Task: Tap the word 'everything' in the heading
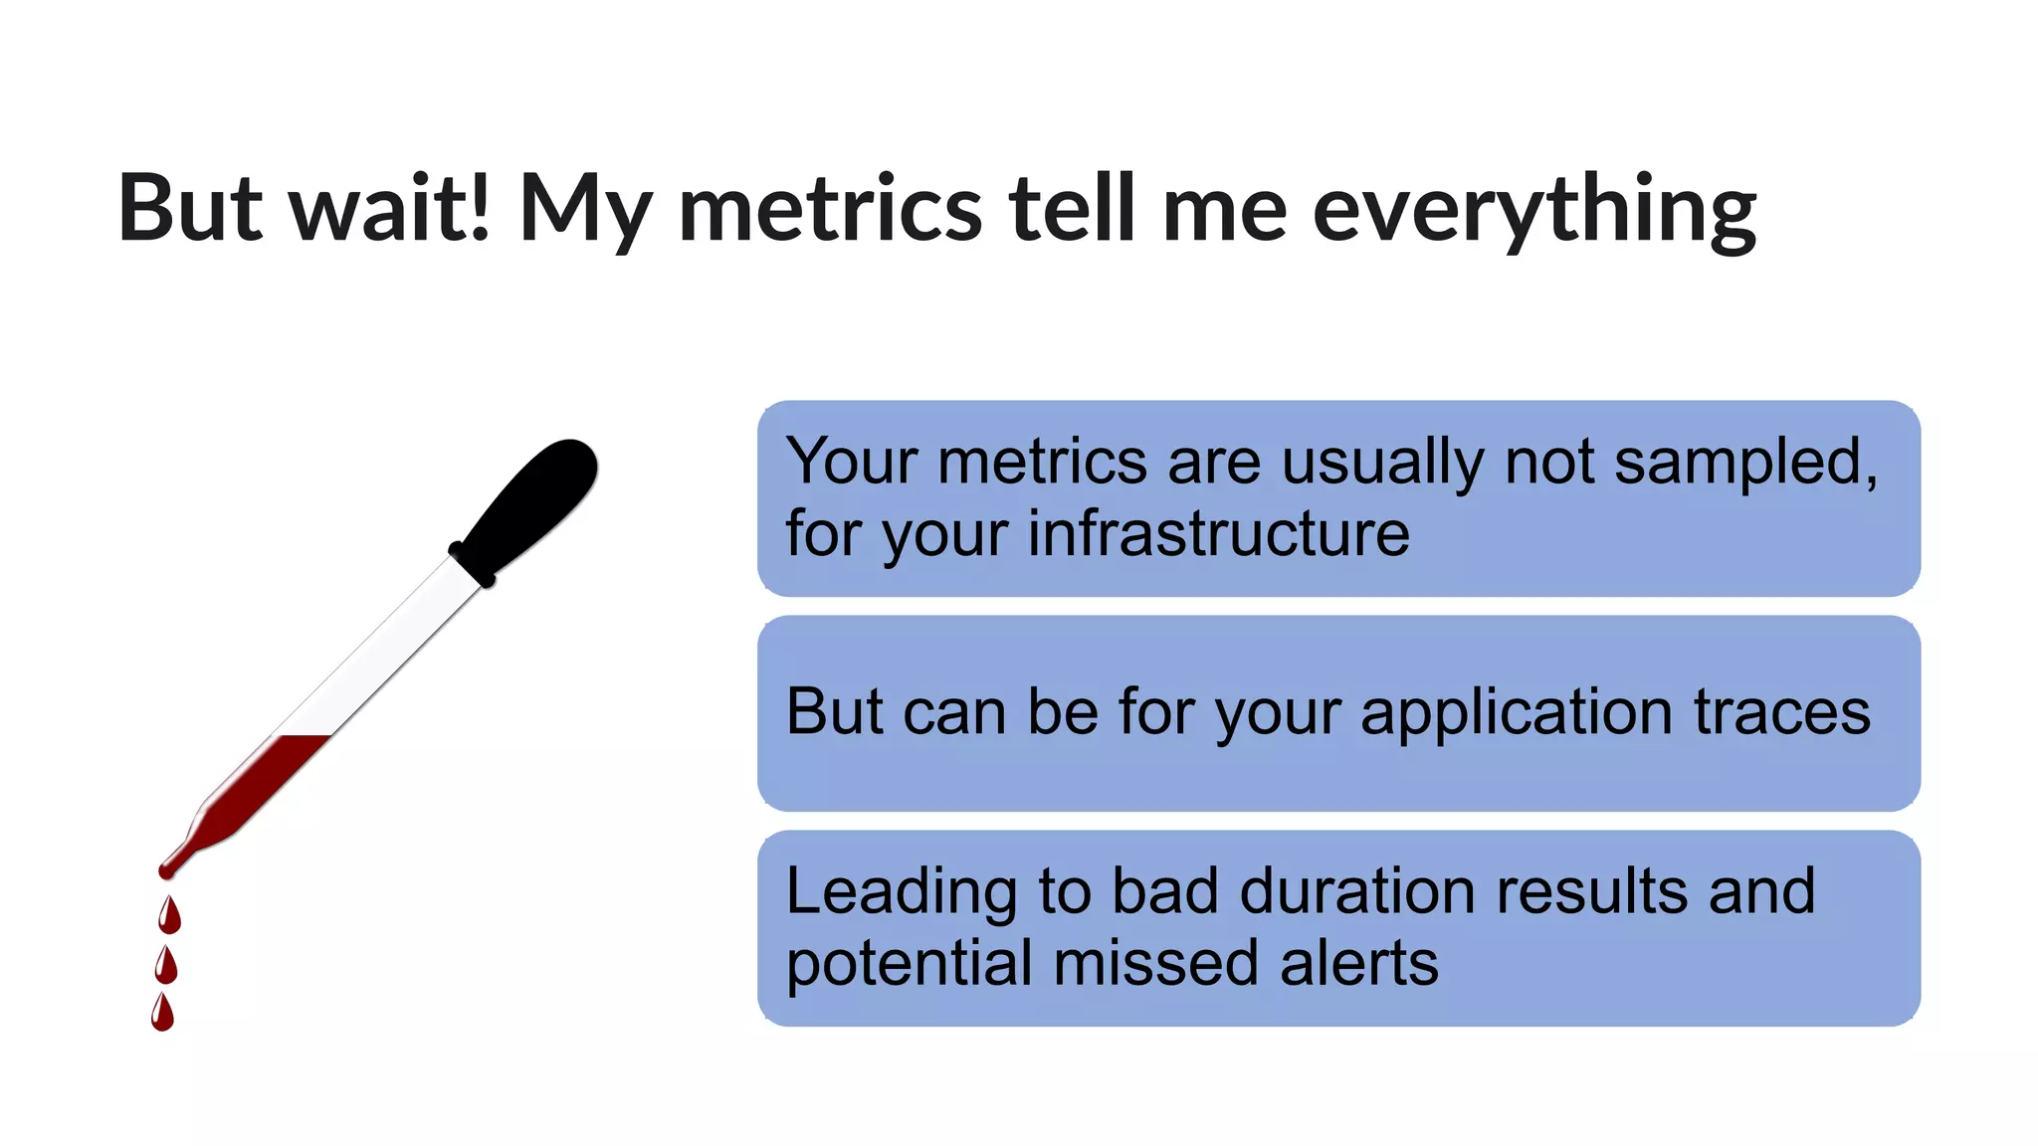pyautogui.click(x=1533, y=212)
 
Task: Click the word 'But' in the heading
pyautogui.click(x=190, y=208)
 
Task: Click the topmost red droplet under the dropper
pyautogui.click(x=170, y=916)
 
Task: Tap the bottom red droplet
pyautogui.click(x=163, y=1014)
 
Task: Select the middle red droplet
pyautogui.click(x=167, y=966)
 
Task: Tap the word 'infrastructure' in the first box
pyautogui.click(x=1218, y=534)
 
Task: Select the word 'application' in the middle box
pyautogui.click(x=1517, y=713)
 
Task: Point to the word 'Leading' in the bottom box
pyautogui.click(x=901, y=891)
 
